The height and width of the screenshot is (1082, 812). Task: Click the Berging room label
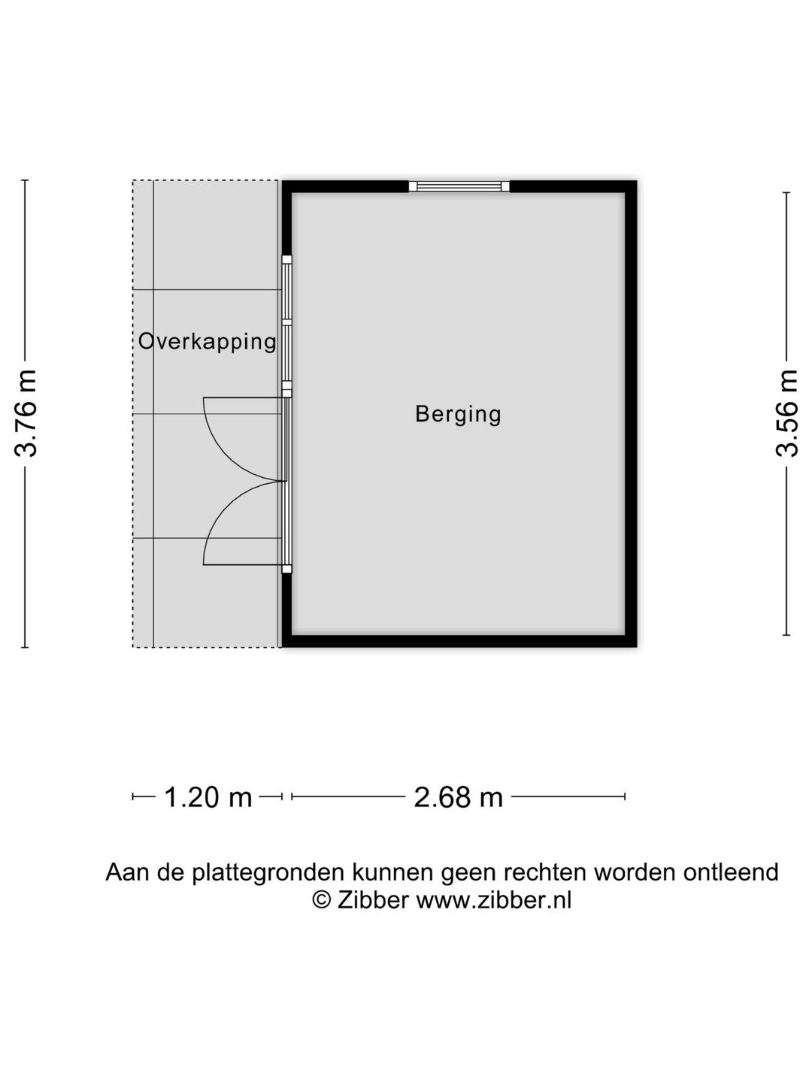(458, 414)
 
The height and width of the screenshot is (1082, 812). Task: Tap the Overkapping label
(208, 341)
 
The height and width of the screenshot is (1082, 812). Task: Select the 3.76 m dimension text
(26, 413)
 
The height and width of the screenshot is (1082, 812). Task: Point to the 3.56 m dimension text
(786, 413)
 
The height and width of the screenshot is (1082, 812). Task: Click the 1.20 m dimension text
(208, 796)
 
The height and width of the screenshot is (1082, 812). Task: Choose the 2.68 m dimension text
(458, 796)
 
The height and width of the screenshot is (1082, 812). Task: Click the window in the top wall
(459, 186)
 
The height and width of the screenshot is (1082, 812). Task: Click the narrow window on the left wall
(286, 323)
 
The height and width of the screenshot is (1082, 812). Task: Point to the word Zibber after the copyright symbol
(373, 899)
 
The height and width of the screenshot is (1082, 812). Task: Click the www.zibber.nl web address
(494, 899)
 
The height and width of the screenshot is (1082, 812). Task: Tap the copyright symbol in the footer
(322, 899)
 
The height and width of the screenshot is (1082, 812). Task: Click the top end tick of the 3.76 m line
(26, 180)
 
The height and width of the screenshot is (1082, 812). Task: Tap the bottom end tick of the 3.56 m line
(786, 635)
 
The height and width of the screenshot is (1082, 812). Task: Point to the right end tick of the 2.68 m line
(625, 796)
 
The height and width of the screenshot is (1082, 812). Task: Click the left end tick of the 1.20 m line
(133, 796)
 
